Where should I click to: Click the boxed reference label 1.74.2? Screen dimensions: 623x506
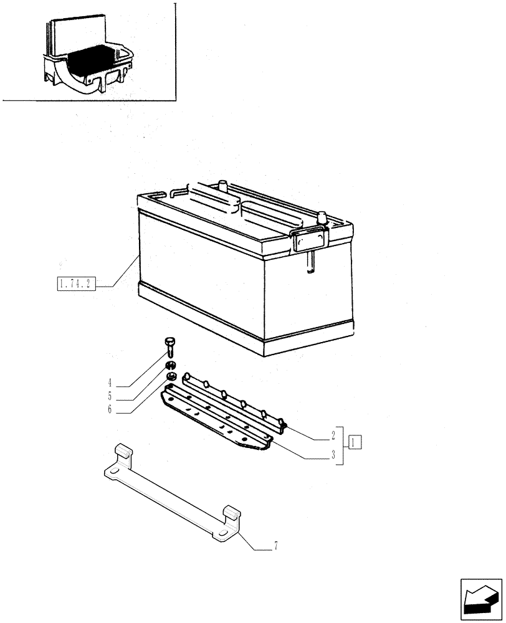pyautogui.click(x=74, y=285)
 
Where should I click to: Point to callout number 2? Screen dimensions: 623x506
pyautogui.click(x=334, y=434)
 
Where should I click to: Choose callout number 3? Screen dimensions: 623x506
pyautogui.click(x=334, y=456)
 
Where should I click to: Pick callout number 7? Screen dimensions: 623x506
pyautogui.click(x=275, y=548)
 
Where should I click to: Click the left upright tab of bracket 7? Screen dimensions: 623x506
pyautogui.click(x=123, y=453)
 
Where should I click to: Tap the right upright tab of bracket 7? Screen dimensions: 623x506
pyautogui.click(x=232, y=514)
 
